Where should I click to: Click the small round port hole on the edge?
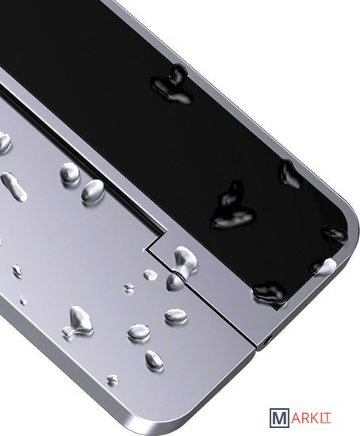pyautogui.click(x=270, y=340)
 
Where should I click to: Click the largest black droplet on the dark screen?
pyautogui.click(x=232, y=207)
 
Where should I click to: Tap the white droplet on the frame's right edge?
pyautogui.click(x=325, y=266)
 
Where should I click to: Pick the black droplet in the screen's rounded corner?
pyautogui.click(x=334, y=234)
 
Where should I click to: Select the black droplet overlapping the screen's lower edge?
pyautogui.click(x=270, y=293)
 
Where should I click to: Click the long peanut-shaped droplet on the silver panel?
pyautogui.click(x=14, y=186)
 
